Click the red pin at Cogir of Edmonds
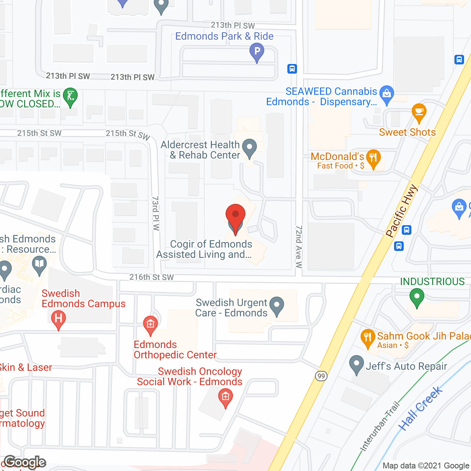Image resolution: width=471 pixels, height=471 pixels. (x=235, y=215)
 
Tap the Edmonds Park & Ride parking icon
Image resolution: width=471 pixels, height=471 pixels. (x=257, y=52)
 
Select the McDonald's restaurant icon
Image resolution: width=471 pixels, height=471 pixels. (x=373, y=158)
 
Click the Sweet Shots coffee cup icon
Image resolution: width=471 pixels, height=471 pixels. (x=419, y=112)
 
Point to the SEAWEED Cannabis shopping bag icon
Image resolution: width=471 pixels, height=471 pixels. (x=386, y=94)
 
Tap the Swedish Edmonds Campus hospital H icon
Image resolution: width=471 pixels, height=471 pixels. (x=58, y=319)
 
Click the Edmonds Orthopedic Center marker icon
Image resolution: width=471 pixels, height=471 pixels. (x=150, y=325)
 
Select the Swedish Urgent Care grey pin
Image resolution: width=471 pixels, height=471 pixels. (x=277, y=305)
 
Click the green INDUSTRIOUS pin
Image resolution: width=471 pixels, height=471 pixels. (x=417, y=297)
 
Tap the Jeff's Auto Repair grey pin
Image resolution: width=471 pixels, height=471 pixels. (x=356, y=364)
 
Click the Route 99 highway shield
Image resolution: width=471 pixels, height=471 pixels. (x=321, y=376)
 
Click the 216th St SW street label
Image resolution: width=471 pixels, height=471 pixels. (x=151, y=277)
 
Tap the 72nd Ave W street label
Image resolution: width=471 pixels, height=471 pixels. (x=299, y=247)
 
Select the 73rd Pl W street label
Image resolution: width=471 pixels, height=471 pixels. (x=156, y=213)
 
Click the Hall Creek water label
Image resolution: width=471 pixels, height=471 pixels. (x=420, y=408)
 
